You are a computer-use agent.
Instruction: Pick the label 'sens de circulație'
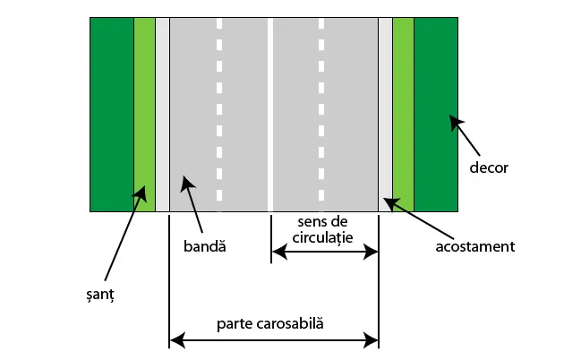[x=323, y=229]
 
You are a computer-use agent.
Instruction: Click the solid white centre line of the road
[x=270, y=107]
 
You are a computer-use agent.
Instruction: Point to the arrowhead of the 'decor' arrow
[x=454, y=119]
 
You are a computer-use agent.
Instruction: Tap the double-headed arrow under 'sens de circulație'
[x=324, y=253]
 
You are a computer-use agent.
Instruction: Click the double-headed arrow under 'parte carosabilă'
[x=273, y=339]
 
